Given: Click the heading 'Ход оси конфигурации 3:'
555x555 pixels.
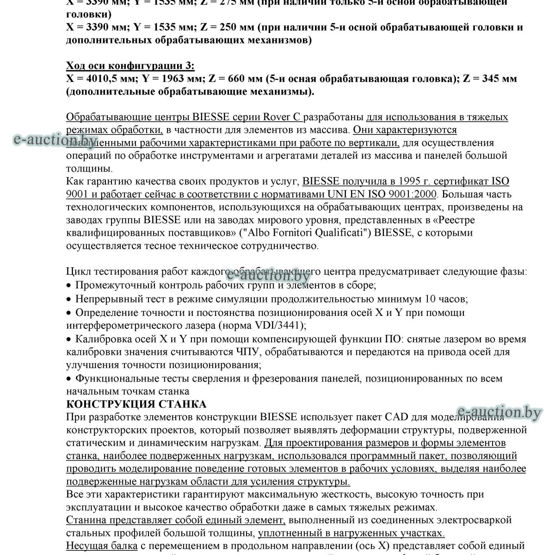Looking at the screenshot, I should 130,65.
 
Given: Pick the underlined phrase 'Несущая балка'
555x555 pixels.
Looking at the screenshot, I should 102,546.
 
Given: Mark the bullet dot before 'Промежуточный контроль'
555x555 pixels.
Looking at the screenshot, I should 69,286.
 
